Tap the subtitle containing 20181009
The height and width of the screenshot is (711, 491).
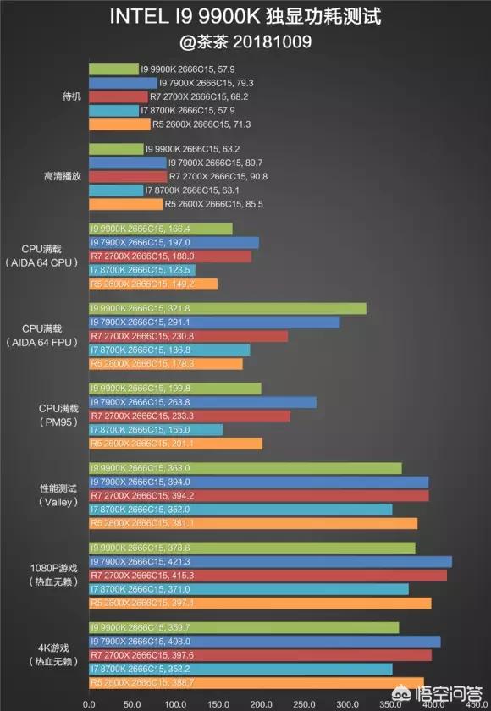[245, 41]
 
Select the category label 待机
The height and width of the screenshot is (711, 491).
[48, 96]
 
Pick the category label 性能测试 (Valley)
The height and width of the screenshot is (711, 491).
[48, 494]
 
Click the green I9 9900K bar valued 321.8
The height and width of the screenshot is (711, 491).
[227, 309]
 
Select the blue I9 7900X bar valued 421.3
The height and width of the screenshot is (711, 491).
[269, 561]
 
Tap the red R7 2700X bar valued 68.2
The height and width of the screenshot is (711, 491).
[118, 97]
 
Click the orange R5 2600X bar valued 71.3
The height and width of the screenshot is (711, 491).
[119, 124]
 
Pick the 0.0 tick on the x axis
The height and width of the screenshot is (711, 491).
[88, 704]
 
